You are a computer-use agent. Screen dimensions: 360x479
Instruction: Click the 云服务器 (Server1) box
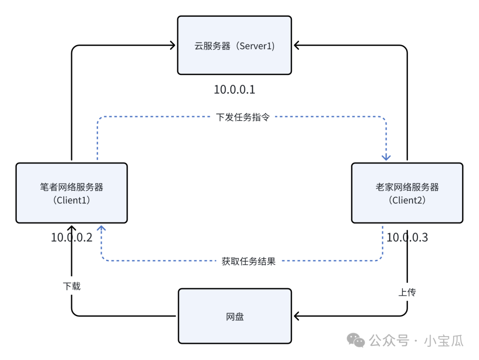234,45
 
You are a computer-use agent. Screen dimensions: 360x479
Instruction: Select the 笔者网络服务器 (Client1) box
71,193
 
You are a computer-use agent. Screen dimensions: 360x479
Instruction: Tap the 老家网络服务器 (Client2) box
407,193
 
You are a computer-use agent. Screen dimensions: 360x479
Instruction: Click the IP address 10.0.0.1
235,90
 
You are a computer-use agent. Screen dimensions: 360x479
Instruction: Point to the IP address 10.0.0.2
71,237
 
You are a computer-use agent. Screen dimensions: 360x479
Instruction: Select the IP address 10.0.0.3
407,237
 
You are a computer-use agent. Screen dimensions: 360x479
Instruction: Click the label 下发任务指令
243,117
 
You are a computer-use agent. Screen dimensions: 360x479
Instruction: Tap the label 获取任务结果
248,261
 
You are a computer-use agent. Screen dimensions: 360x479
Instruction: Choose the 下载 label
71,286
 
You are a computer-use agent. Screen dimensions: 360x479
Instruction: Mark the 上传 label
407,293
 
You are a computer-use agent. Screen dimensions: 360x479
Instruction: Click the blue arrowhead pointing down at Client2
386,157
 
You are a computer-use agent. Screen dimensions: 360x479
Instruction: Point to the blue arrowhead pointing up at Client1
102,229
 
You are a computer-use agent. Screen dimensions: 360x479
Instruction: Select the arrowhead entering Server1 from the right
296,45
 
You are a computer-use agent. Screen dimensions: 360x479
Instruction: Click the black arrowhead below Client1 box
71,229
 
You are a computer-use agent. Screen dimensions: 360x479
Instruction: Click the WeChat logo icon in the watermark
356,340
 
